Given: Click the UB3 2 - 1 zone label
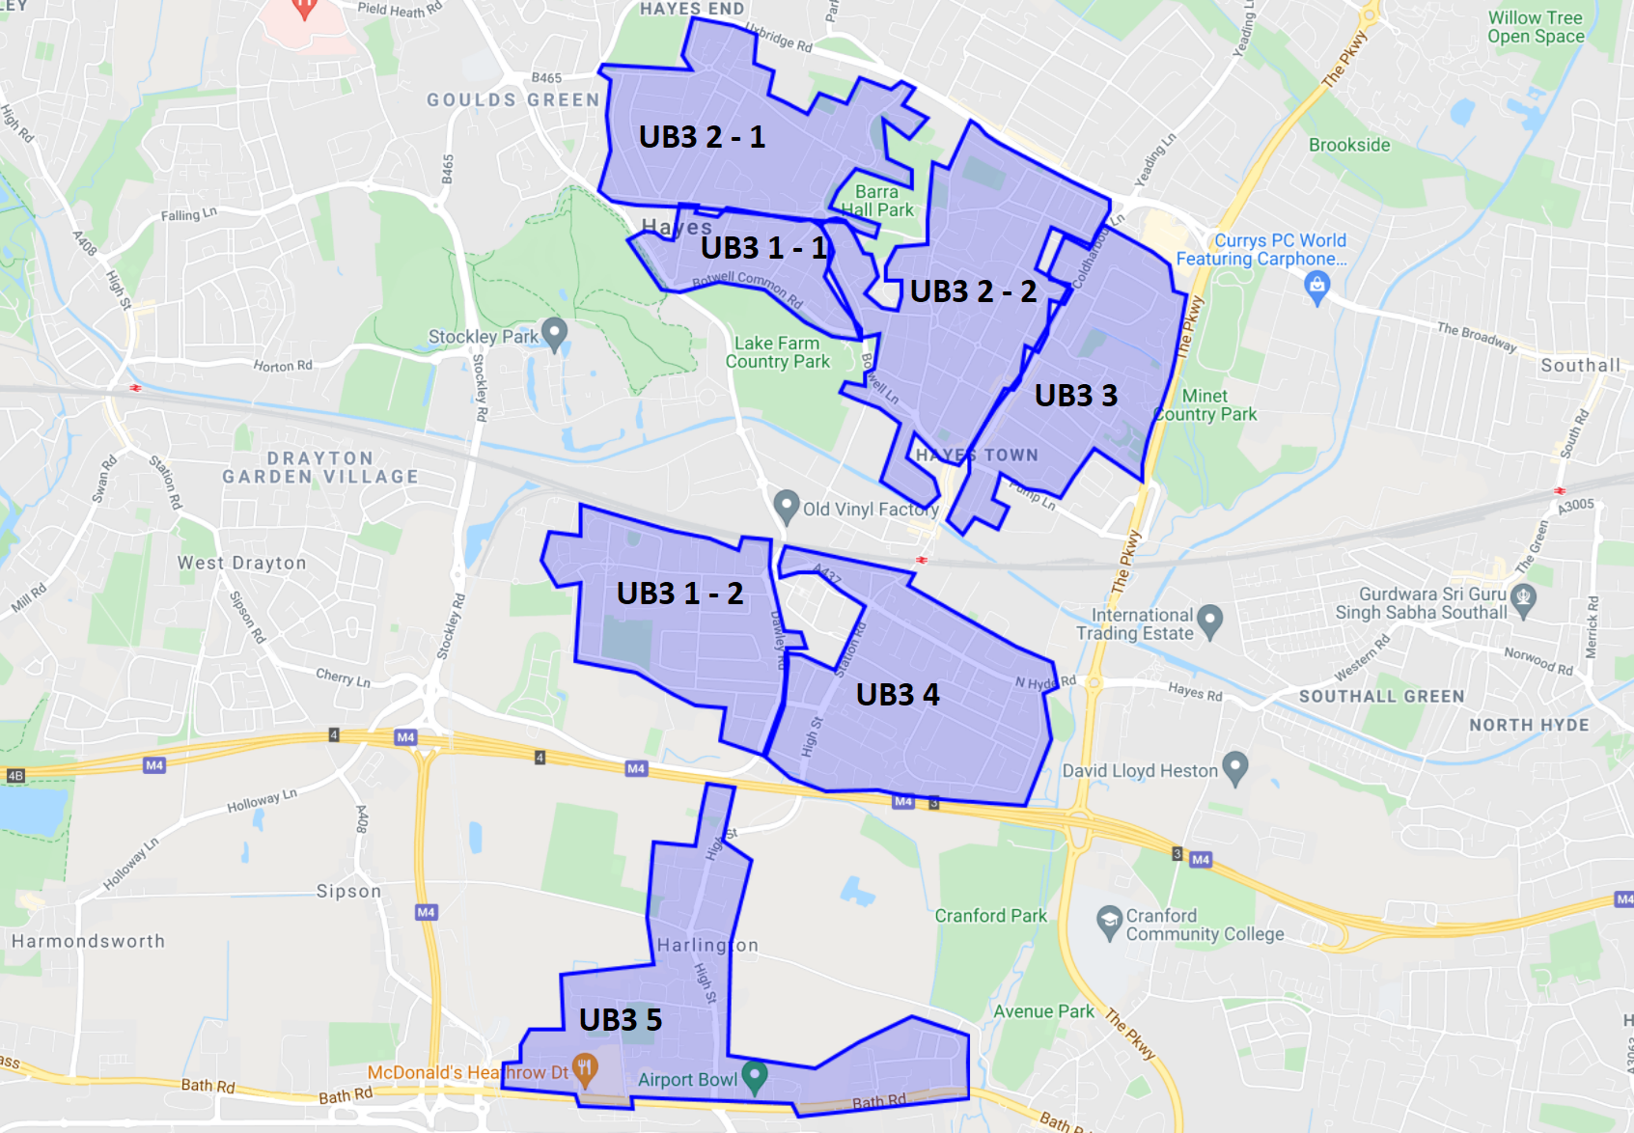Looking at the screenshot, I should [702, 137].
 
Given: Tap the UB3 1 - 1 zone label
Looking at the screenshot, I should [763, 248].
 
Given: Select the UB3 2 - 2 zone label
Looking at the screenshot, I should [973, 291].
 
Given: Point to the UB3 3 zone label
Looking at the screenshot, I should [1075, 396].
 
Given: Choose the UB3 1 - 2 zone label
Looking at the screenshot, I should [679, 594].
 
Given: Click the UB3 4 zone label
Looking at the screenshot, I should [897, 695].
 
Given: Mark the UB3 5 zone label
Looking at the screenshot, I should [620, 1020].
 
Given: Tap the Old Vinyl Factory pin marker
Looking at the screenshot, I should [787, 505].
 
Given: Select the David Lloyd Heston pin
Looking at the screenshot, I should [1235, 768].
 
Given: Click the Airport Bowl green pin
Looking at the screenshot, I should [755, 1077].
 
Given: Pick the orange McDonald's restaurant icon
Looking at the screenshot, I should [585, 1069].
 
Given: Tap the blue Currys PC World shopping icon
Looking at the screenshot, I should [1316, 286].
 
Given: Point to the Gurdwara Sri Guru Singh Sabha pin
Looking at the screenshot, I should [1523, 599].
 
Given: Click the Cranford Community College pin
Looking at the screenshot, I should [1109, 921].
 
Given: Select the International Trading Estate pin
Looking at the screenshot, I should [1209, 621].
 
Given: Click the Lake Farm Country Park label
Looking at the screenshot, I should [777, 352].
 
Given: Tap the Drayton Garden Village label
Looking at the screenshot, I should [320, 467].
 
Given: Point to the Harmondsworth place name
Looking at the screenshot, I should [88, 941].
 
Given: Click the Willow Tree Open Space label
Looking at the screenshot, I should [1535, 27].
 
